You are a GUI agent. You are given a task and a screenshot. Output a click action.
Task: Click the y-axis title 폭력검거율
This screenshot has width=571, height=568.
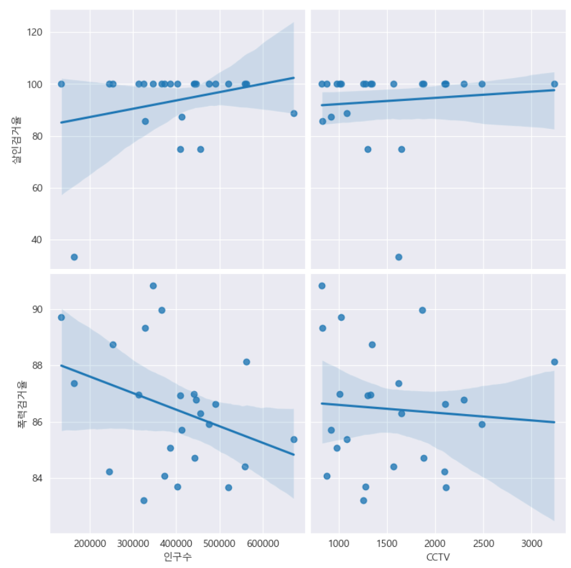(x=21, y=403)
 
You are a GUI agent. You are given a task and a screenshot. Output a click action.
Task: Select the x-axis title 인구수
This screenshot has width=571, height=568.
(x=178, y=557)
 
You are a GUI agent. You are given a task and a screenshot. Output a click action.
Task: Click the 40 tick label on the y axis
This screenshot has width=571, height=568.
(x=38, y=240)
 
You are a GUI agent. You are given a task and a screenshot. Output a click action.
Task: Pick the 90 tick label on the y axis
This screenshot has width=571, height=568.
(x=38, y=309)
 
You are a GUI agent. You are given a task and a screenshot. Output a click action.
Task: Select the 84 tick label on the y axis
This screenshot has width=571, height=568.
(x=38, y=479)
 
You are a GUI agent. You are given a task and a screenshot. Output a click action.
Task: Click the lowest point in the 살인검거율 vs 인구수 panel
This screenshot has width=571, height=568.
(x=74, y=257)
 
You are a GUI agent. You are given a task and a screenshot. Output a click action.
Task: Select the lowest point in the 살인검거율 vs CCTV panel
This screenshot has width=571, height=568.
(x=399, y=257)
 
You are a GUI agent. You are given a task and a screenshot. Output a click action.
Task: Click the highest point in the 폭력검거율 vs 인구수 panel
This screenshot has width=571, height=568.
(x=153, y=286)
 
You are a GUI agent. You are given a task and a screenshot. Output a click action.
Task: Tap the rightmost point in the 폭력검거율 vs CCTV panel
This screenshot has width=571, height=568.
(x=554, y=362)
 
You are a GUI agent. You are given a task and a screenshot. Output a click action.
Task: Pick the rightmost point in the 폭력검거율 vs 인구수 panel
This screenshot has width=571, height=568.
(x=294, y=440)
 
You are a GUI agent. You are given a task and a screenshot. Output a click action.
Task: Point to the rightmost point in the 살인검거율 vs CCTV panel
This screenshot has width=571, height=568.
(x=554, y=84)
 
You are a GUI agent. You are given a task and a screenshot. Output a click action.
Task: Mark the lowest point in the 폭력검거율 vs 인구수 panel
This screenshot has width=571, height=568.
(x=144, y=500)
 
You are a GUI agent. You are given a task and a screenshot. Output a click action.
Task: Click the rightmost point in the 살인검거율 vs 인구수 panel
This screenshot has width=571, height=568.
(x=294, y=113)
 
